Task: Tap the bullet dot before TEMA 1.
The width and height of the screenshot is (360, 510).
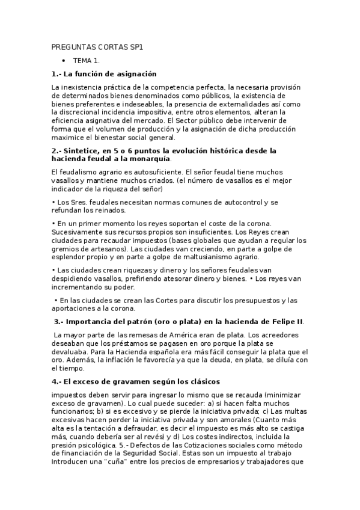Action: [63, 61]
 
